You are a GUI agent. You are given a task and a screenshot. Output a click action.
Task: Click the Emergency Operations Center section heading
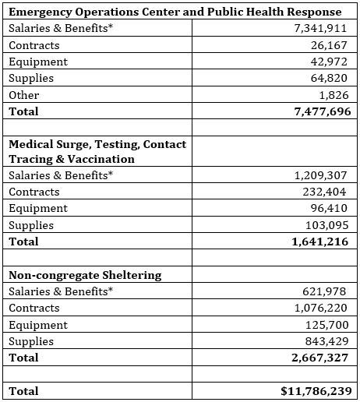click(x=175, y=12)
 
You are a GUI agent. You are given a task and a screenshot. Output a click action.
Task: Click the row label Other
click(x=23, y=95)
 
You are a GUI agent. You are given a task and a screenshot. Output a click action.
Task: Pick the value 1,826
click(x=336, y=95)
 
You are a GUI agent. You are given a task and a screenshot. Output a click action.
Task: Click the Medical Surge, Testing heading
click(x=97, y=151)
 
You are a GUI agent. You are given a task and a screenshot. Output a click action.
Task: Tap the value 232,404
click(x=328, y=192)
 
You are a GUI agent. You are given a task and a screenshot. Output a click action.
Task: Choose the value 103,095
click(x=328, y=225)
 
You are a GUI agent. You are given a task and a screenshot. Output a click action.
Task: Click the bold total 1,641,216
click(x=320, y=242)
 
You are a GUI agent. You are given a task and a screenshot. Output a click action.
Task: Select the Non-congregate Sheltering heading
click(x=86, y=275)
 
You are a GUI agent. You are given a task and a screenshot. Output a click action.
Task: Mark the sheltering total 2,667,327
click(x=320, y=358)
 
